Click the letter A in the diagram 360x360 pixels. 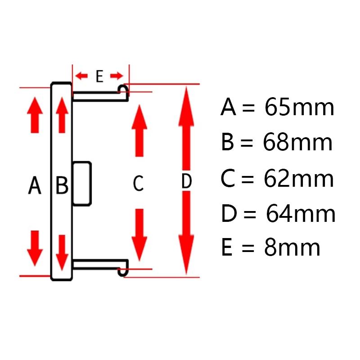pos(35,185)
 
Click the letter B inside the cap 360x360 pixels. pos(62,185)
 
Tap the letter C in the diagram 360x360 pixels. pos(138,183)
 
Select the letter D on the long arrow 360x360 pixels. pos(186,182)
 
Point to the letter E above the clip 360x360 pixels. pos(99,76)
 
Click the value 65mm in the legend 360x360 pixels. pos(299,108)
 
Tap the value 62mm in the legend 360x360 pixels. pos(299,179)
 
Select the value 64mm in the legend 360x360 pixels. pos(301,214)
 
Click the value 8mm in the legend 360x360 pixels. pos(292,248)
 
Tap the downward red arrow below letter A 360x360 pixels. pos(35,249)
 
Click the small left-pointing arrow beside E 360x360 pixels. pos(82,76)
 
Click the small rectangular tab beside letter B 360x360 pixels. pos(82,184)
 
